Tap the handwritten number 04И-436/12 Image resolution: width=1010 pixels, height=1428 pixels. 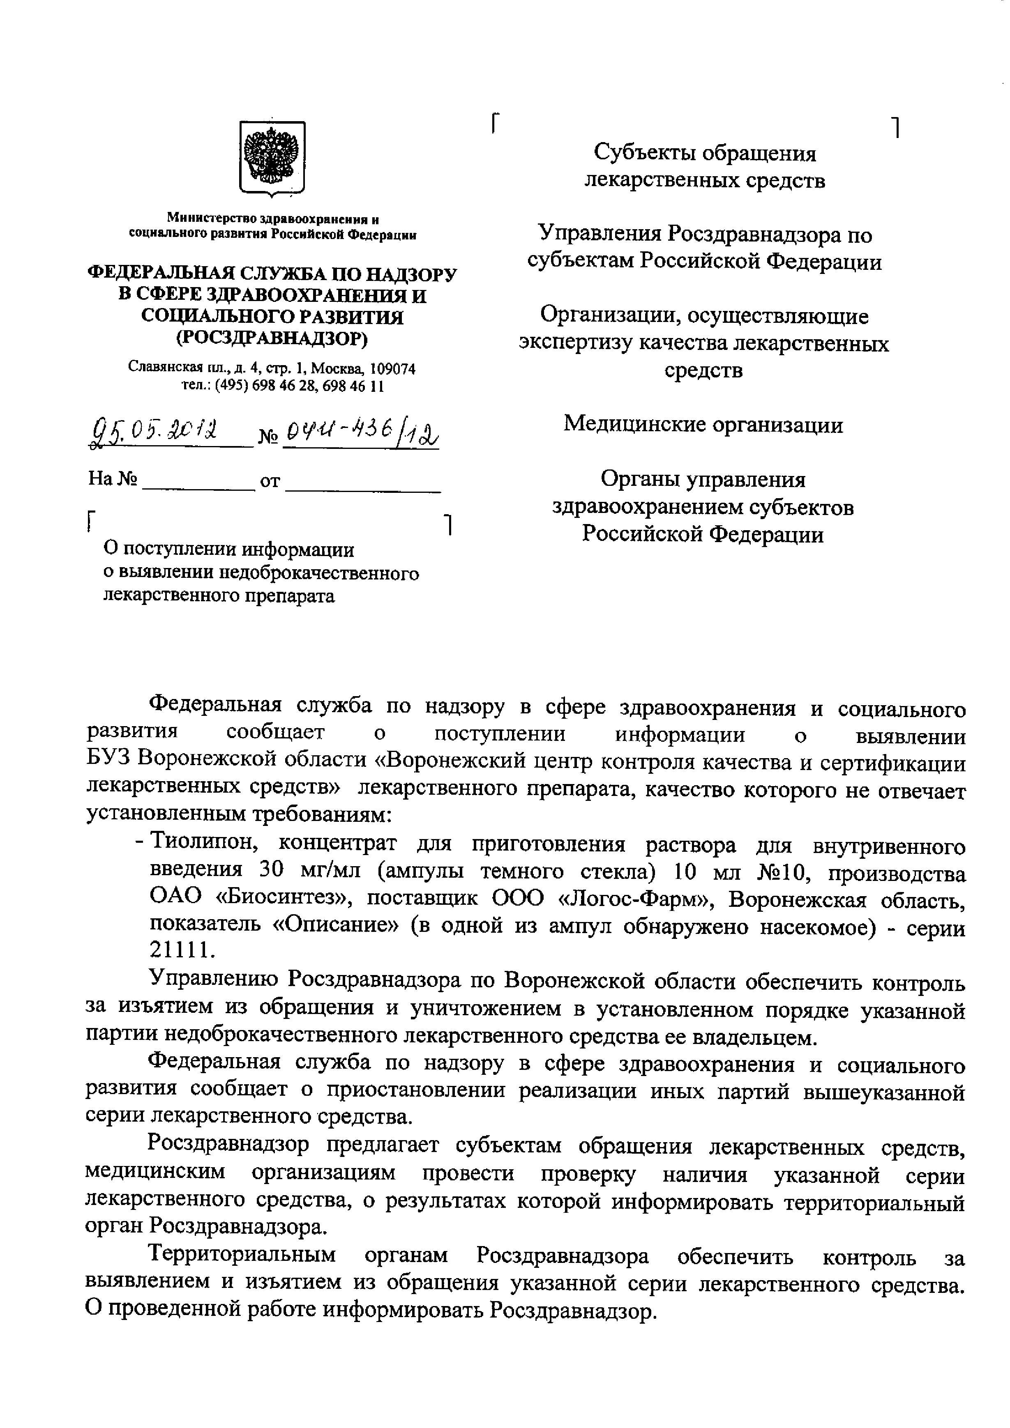click(360, 431)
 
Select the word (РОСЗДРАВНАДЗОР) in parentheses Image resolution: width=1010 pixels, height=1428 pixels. click(272, 338)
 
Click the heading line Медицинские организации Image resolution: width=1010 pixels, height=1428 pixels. click(703, 425)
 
